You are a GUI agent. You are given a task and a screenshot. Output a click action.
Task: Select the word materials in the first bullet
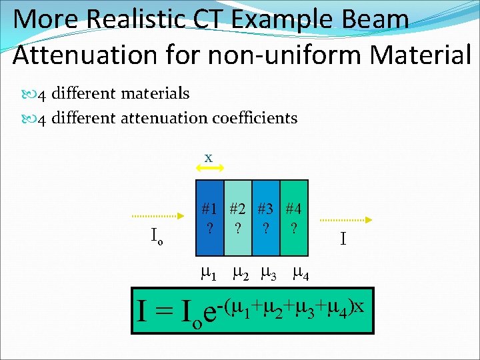tap(155, 94)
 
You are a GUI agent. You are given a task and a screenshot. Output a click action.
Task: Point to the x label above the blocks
tap(209, 158)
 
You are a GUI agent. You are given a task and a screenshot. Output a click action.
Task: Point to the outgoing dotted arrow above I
tap(347, 219)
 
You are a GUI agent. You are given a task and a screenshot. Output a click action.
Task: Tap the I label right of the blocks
tap(343, 238)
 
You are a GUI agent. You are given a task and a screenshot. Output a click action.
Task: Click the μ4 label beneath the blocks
tap(299, 273)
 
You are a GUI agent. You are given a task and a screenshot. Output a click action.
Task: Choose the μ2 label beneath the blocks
tap(239, 273)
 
